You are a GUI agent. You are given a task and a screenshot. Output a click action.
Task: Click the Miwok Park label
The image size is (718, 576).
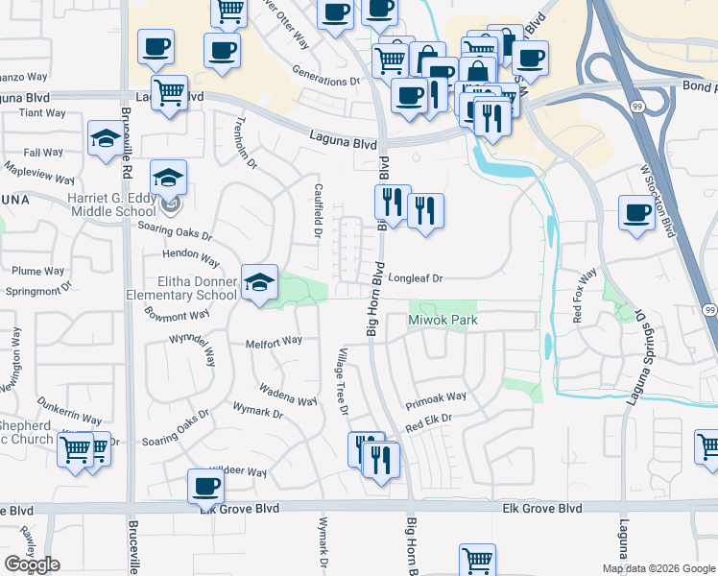coord(443,320)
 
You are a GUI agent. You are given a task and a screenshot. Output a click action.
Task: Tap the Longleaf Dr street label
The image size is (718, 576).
coord(415,278)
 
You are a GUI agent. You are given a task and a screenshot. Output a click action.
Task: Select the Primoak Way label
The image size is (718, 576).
coord(435,396)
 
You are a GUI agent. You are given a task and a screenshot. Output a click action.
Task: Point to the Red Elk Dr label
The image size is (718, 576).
coord(428,419)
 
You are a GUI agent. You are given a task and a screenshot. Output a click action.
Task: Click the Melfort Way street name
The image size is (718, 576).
coord(274,340)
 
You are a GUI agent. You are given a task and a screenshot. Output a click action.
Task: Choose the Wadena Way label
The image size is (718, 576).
coord(287,395)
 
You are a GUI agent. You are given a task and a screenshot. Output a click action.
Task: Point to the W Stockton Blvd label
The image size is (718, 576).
coord(658,201)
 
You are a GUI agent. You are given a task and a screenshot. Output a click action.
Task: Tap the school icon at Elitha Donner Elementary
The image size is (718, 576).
coord(258,281)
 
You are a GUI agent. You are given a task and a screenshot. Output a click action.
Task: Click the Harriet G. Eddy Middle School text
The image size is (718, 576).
coord(112,204)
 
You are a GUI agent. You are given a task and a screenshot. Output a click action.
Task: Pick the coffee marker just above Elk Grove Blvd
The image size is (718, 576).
coord(204,485)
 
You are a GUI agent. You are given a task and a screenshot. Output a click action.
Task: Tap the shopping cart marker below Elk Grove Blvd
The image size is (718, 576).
coord(477,559)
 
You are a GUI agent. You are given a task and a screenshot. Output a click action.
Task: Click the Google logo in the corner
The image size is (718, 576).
coord(32,564)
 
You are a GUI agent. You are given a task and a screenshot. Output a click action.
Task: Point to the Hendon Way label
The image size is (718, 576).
coord(191,257)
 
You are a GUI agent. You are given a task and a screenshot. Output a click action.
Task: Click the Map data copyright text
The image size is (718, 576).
coord(658,568)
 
